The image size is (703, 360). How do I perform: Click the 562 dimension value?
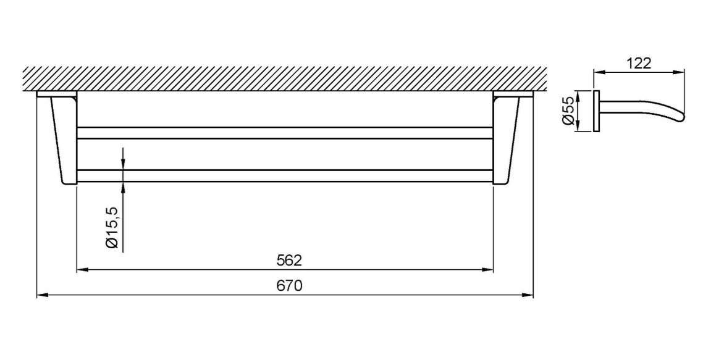coord(288,261)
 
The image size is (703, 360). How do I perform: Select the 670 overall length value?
coord(288,287)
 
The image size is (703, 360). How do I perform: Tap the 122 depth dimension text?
coord(638,64)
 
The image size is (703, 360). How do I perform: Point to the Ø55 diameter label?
coord(568,112)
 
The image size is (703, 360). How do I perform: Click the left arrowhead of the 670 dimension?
coord(42,296)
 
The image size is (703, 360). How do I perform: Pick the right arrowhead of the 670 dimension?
coord(528,296)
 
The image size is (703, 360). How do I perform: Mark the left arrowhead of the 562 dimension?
coord(81,270)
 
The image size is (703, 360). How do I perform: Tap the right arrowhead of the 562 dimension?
coord(488,270)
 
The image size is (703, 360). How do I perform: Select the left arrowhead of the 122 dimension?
coord(599,73)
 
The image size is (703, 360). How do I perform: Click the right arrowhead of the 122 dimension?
coord(679,73)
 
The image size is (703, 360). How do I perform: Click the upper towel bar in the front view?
coord(284,133)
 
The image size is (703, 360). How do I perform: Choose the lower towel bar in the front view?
coord(284,175)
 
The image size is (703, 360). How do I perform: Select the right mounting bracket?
coord(507,139)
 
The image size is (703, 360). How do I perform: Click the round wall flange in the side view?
coord(596,111)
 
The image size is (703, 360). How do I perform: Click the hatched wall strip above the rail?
coord(284,78)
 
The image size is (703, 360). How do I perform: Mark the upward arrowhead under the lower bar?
coord(123,186)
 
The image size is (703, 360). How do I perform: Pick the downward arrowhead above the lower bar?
coord(123,164)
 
